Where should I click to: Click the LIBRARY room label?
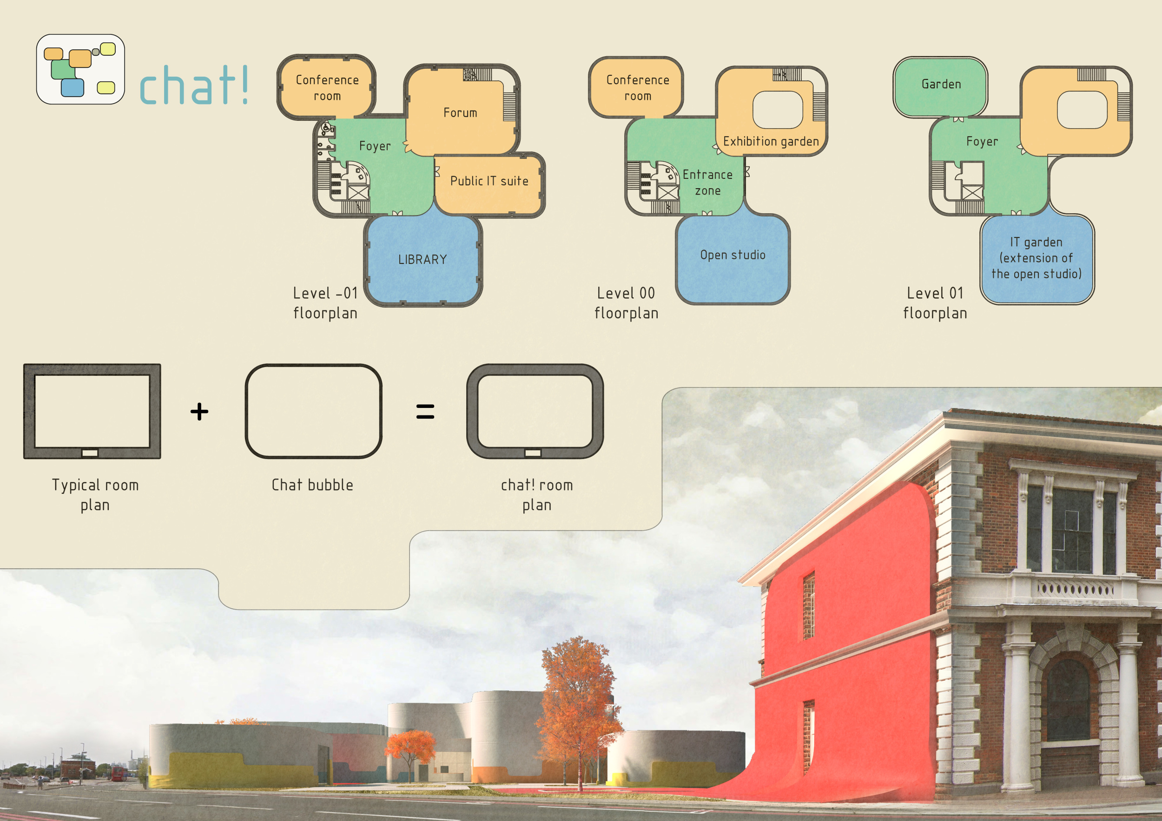423,260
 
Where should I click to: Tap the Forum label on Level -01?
460,112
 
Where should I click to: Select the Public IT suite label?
489,181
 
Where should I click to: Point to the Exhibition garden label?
771,142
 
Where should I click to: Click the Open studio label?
733,255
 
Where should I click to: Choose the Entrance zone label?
707,183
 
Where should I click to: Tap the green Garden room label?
941,84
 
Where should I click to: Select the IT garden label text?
1037,258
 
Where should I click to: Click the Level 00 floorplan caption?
627,303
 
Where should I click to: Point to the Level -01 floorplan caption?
325,303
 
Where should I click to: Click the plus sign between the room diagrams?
199,411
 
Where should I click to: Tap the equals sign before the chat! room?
425,411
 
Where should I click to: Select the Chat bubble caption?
312,485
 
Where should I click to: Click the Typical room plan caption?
95,495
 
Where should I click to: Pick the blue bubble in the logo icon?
73,87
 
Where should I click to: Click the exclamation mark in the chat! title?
245,85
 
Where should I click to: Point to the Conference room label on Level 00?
638,88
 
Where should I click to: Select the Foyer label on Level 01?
982,142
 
